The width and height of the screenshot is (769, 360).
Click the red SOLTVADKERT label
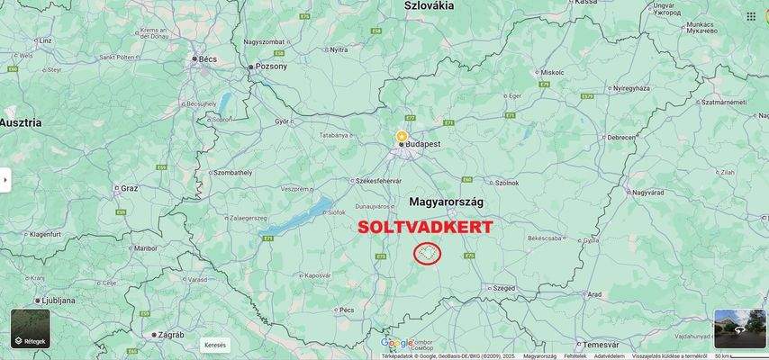(425, 227)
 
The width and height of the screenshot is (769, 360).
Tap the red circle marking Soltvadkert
(428, 254)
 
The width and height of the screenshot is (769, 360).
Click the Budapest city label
(423, 143)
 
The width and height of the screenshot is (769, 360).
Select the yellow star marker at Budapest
(402, 136)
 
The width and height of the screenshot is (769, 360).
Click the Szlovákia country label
(429, 5)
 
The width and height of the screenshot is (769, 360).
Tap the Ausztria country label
(21, 121)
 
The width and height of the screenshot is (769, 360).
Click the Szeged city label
(504, 288)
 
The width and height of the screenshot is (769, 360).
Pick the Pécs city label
(347, 310)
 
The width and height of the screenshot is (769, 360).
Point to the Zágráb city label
(171, 334)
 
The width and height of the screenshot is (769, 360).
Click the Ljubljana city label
(56, 300)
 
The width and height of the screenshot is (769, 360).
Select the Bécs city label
(205, 58)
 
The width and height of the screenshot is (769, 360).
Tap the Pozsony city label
(271, 67)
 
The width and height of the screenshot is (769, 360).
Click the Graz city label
(130, 189)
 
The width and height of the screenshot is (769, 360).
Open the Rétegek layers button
(31, 329)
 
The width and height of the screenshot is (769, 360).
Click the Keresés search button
(216, 345)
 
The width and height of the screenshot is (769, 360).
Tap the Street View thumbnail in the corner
(739, 328)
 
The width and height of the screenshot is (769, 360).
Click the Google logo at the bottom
(396, 343)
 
